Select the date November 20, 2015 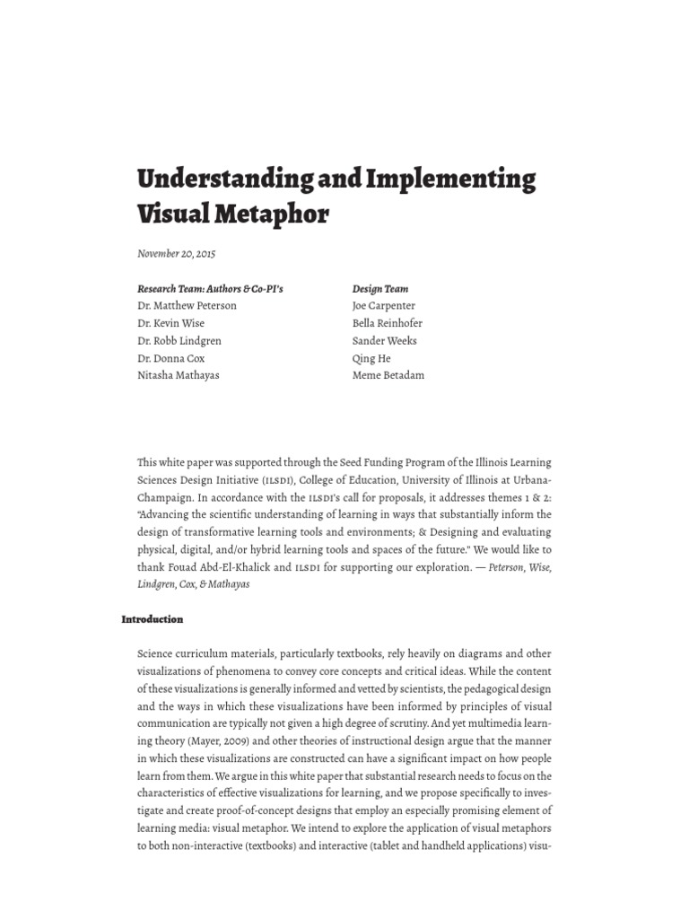[x=176, y=254]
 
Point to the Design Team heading [x=380, y=289]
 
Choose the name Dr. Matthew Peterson [x=187, y=306]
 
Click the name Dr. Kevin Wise [x=170, y=323]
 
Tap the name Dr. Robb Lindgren [x=179, y=341]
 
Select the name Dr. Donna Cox [x=170, y=358]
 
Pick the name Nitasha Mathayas [x=178, y=375]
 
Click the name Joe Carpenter [x=384, y=306]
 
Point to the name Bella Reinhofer [x=388, y=323]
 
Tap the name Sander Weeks [x=385, y=341]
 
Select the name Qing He [x=371, y=358]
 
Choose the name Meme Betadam [x=388, y=375]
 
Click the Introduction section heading [x=153, y=619]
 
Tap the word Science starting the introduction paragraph [x=156, y=653]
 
